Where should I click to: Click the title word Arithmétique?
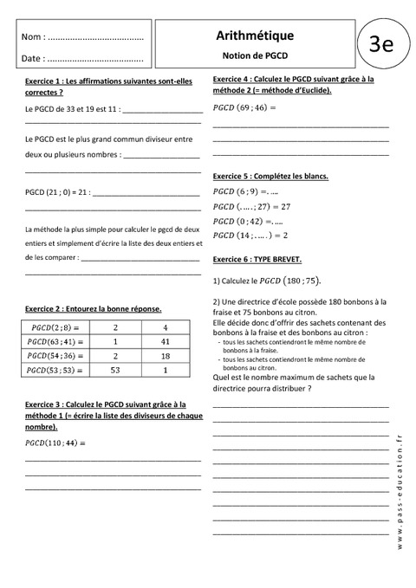tap(254, 35)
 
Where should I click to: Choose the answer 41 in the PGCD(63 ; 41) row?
tap(163, 342)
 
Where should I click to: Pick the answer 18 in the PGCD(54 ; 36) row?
tap(163, 356)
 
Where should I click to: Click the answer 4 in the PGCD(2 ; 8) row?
tap(163, 328)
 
